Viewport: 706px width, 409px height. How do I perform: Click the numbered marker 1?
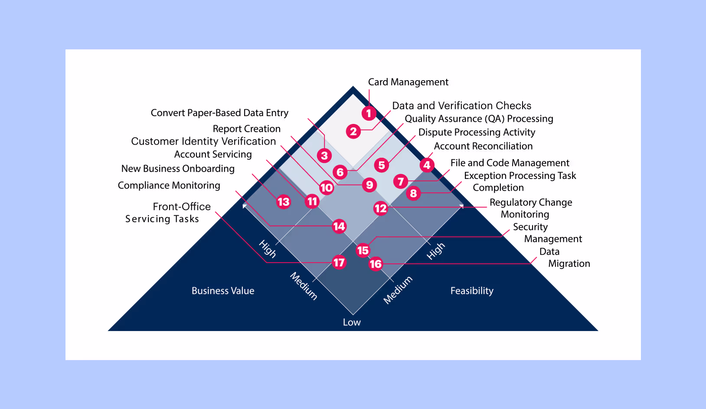369,114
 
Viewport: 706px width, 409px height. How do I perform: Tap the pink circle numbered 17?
339,262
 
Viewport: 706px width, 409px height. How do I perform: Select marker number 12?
380,208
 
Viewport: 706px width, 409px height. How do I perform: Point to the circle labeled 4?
427,165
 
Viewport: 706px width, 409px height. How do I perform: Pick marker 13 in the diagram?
283,201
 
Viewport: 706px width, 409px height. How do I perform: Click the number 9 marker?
369,185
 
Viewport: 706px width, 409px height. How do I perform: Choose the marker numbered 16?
376,263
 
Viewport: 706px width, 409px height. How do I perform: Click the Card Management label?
408,82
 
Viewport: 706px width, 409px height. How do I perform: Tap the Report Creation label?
246,129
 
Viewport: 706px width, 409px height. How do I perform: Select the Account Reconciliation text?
483,146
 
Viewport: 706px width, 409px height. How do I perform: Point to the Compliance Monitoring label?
169,185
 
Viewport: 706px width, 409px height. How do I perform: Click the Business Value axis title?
223,291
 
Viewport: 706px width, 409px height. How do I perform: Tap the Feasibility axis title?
472,291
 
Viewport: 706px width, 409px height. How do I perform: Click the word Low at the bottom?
352,322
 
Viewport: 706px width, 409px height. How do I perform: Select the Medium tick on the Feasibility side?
398,290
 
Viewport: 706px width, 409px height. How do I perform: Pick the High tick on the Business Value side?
268,249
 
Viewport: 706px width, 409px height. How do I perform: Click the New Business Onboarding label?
178,169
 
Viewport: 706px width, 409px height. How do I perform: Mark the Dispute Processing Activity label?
477,132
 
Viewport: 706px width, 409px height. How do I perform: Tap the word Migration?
569,263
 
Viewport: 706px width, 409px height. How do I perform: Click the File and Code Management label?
510,163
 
